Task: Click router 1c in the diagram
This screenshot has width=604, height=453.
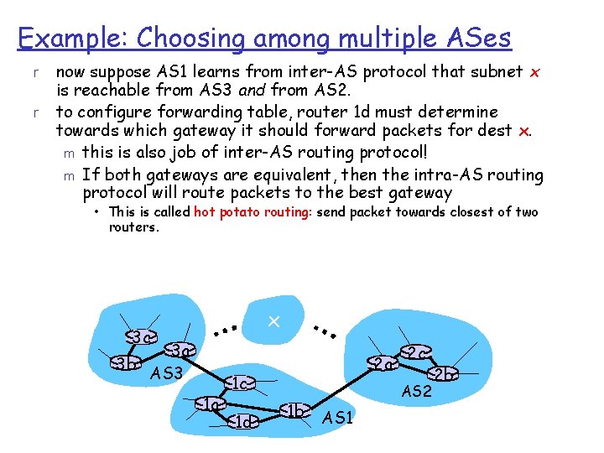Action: [x=238, y=383]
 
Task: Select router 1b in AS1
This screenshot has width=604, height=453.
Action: [x=294, y=410]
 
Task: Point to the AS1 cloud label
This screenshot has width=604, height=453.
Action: [x=338, y=417]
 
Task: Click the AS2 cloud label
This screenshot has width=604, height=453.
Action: [x=416, y=391]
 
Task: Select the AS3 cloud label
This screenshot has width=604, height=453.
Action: [x=166, y=372]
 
